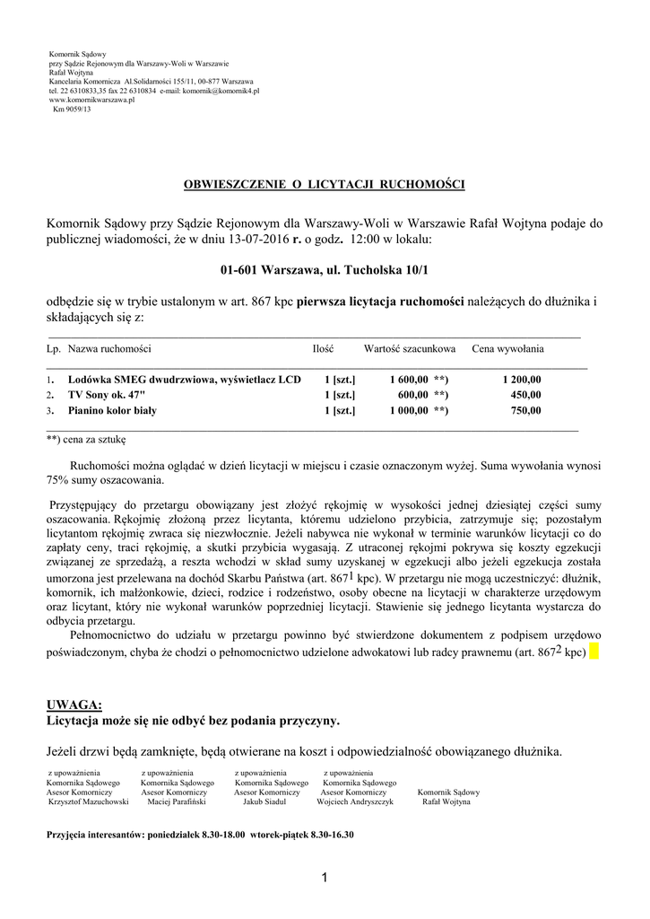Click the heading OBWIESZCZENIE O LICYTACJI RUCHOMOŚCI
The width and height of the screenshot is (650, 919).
(x=325, y=184)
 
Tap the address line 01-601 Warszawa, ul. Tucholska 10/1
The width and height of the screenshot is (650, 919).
(x=325, y=269)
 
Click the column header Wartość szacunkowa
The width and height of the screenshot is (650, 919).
(x=409, y=348)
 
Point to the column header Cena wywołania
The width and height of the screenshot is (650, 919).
(x=507, y=348)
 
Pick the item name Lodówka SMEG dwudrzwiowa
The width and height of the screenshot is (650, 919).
(x=185, y=380)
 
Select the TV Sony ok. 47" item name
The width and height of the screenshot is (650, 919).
(x=106, y=395)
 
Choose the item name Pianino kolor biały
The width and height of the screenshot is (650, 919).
(x=112, y=411)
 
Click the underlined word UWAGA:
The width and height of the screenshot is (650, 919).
(x=74, y=705)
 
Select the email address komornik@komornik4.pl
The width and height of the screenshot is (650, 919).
(x=221, y=92)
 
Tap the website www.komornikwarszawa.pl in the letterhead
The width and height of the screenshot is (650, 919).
(x=91, y=101)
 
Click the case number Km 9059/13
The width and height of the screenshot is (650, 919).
(x=73, y=109)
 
